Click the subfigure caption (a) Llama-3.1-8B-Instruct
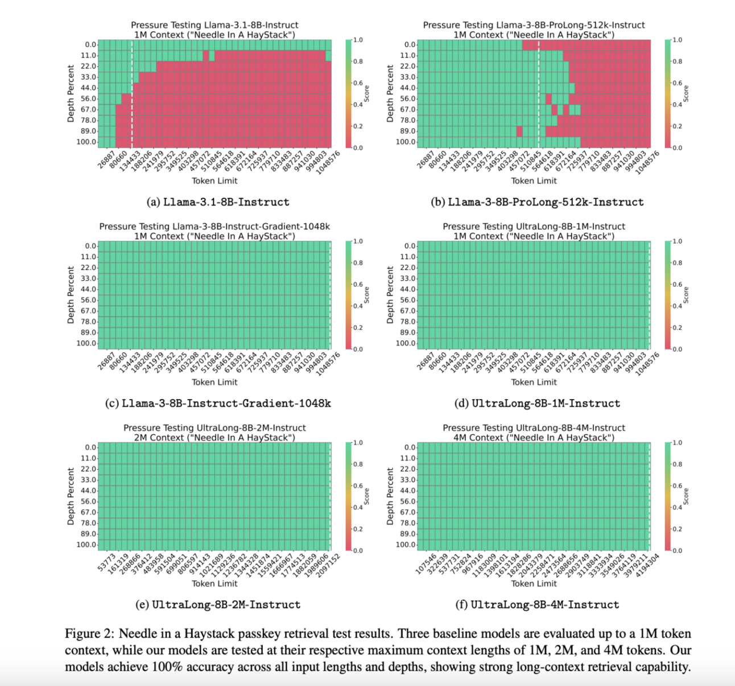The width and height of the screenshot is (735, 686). pos(218,202)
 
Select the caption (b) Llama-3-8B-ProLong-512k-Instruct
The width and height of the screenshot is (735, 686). pos(538,202)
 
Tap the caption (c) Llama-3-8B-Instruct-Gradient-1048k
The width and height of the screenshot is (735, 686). pos(218,404)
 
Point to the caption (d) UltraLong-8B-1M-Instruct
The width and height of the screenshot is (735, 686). pos(538,404)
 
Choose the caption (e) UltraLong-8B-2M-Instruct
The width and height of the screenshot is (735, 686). pos(218,605)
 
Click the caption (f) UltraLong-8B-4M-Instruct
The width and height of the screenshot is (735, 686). pos(538,605)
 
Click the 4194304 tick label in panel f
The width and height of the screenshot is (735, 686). pos(648,564)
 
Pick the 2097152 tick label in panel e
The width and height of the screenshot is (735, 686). pos(328,564)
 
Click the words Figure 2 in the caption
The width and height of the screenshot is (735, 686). pos(88,634)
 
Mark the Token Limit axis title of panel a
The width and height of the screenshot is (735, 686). pos(214,181)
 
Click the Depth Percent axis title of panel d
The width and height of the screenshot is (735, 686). pos(390,295)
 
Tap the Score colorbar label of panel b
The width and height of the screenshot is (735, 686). pos(686,94)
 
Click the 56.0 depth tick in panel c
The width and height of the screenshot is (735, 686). pos(90,300)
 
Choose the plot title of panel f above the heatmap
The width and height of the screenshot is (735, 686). pos(534,433)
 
